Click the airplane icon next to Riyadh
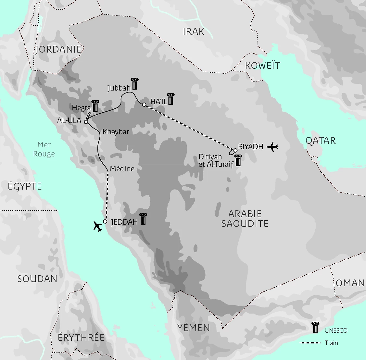point(272,147)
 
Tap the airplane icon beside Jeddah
point(98,226)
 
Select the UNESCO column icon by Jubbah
point(134,84)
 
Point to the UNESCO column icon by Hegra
point(95,106)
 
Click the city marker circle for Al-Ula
point(86,122)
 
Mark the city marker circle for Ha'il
point(144,105)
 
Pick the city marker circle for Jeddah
point(105,221)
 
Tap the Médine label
point(122,169)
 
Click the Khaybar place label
point(116,132)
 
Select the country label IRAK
point(194,31)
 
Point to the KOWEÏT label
point(263,66)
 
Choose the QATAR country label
point(321,141)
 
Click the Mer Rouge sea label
point(44,149)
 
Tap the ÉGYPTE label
point(25,186)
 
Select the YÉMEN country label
point(194,328)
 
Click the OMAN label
point(350,283)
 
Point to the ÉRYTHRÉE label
point(81,337)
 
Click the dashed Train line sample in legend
point(310,343)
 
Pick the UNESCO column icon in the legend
point(315,328)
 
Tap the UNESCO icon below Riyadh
point(238,160)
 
